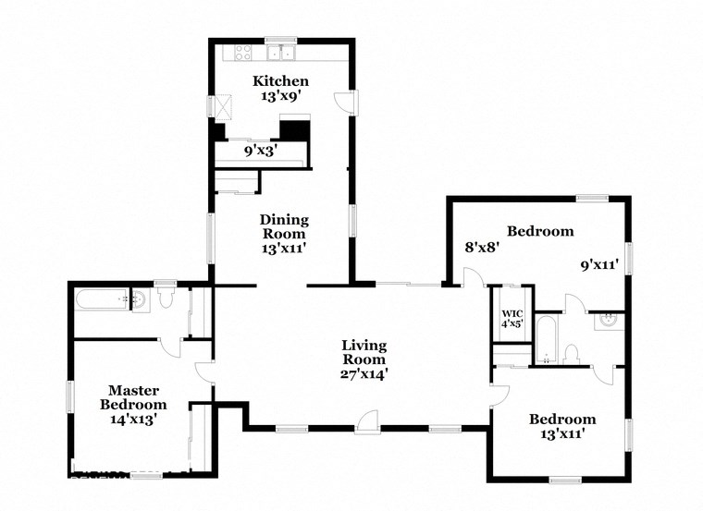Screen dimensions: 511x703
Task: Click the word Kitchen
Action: click(x=280, y=81)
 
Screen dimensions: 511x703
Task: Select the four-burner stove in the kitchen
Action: click(x=243, y=52)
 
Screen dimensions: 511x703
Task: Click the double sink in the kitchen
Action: click(x=280, y=52)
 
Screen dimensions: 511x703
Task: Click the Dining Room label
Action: click(x=284, y=227)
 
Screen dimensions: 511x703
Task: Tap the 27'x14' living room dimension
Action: click(x=363, y=374)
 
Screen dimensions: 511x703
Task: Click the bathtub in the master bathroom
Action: click(x=101, y=298)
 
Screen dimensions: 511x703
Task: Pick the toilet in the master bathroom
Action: click(x=166, y=298)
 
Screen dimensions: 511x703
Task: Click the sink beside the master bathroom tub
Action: click(x=141, y=299)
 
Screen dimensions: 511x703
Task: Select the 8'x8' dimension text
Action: click(x=482, y=248)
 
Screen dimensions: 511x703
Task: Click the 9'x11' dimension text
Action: click(x=598, y=264)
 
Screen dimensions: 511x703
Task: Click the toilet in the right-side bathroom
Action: click(x=572, y=354)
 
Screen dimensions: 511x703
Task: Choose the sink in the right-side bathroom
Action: click(x=609, y=320)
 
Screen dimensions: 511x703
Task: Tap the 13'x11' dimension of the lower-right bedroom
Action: click(x=561, y=434)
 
